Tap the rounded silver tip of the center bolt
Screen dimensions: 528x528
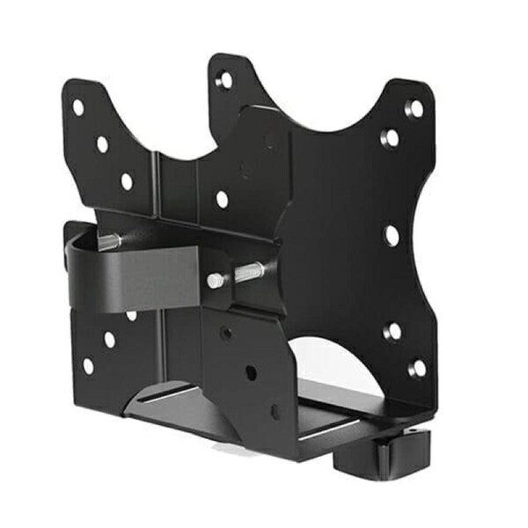click(x=214, y=281)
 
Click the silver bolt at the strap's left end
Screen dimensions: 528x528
click(x=108, y=242)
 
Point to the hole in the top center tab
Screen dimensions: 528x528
click(x=225, y=80)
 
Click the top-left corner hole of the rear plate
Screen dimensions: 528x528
click(x=78, y=106)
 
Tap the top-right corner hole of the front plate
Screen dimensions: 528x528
click(x=414, y=108)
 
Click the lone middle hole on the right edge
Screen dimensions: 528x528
click(x=392, y=235)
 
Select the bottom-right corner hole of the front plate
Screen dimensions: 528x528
click(x=417, y=367)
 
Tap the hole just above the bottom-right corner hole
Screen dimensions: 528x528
click(x=394, y=331)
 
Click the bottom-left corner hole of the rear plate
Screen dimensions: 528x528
click(x=88, y=364)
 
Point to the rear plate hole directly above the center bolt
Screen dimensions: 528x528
click(x=223, y=200)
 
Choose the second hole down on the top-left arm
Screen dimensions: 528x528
click(x=103, y=143)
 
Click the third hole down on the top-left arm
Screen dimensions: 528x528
click(x=127, y=181)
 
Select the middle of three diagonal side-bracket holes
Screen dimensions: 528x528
click(x=251, y=373)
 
